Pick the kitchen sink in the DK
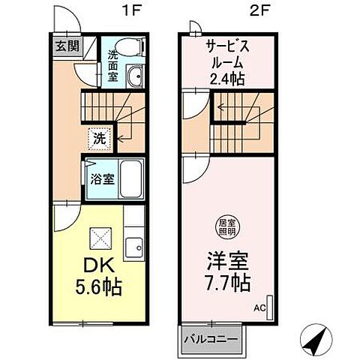tap(135, 247)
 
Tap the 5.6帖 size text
tap(97, 287)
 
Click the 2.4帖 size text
tap(229, 78)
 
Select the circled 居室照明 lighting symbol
tap(224, 226)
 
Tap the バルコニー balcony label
tap(213, 338)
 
